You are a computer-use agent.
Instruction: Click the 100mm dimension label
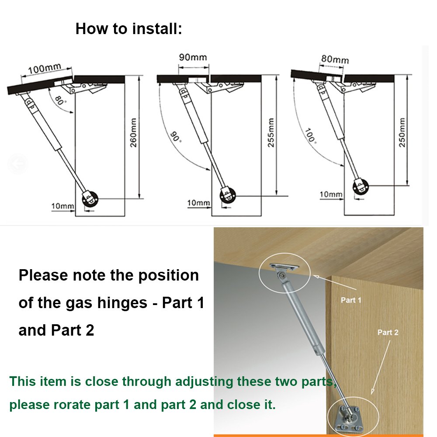[x=44, y=68]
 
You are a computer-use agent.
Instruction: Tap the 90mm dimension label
[x=193, y=57]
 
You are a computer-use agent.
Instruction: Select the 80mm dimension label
[x=335, y=59]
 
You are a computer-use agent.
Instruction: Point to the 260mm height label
[x=133, y=132]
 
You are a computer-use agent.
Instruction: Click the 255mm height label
[x=271, y=132]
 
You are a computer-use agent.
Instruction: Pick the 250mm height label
[x=402, y=132]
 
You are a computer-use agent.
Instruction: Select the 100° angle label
[x=311, y=136]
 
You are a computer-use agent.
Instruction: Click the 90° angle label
[x=176, y=137]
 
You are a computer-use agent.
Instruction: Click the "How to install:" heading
[x=129, y=29]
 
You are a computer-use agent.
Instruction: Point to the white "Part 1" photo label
[x=351, y=300]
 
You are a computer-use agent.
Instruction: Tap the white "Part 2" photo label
[x=388, y=333]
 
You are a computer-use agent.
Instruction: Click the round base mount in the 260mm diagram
[x=90, y=199]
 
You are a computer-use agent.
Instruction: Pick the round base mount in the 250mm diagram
[x=361, y=186]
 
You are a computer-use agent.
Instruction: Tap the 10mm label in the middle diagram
[x=198, y=203]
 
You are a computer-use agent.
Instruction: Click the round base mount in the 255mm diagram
[x=228, y=195]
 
